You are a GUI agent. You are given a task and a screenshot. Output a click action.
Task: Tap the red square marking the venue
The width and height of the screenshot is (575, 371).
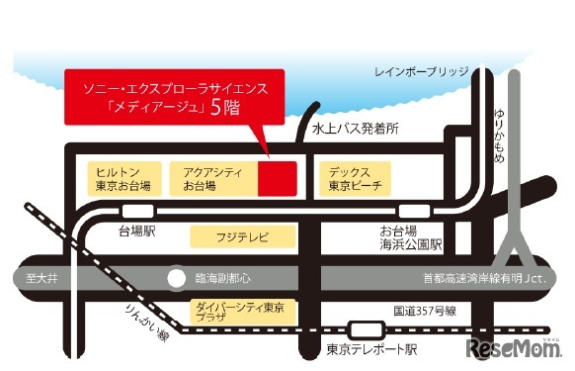click(x=277, y=179)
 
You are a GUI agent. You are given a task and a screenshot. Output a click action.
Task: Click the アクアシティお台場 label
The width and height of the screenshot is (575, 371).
click(x=205, y=179)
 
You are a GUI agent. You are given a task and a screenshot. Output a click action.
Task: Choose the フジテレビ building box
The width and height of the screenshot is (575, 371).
click(x=243, y=237)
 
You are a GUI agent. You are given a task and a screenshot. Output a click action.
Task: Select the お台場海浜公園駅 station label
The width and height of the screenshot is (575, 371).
click(x=410, y=236)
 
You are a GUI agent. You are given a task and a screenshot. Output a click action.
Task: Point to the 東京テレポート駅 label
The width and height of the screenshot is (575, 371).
click(x=372, y=349)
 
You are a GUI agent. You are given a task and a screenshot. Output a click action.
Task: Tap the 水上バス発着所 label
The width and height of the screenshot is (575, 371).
click(x=355, y=128)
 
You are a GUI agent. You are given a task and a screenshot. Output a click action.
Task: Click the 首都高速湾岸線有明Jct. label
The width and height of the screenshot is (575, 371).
click(x=475, y=278)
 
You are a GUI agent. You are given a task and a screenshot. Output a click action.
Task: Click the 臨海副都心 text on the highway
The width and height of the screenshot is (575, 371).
click(x=223, y=278)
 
